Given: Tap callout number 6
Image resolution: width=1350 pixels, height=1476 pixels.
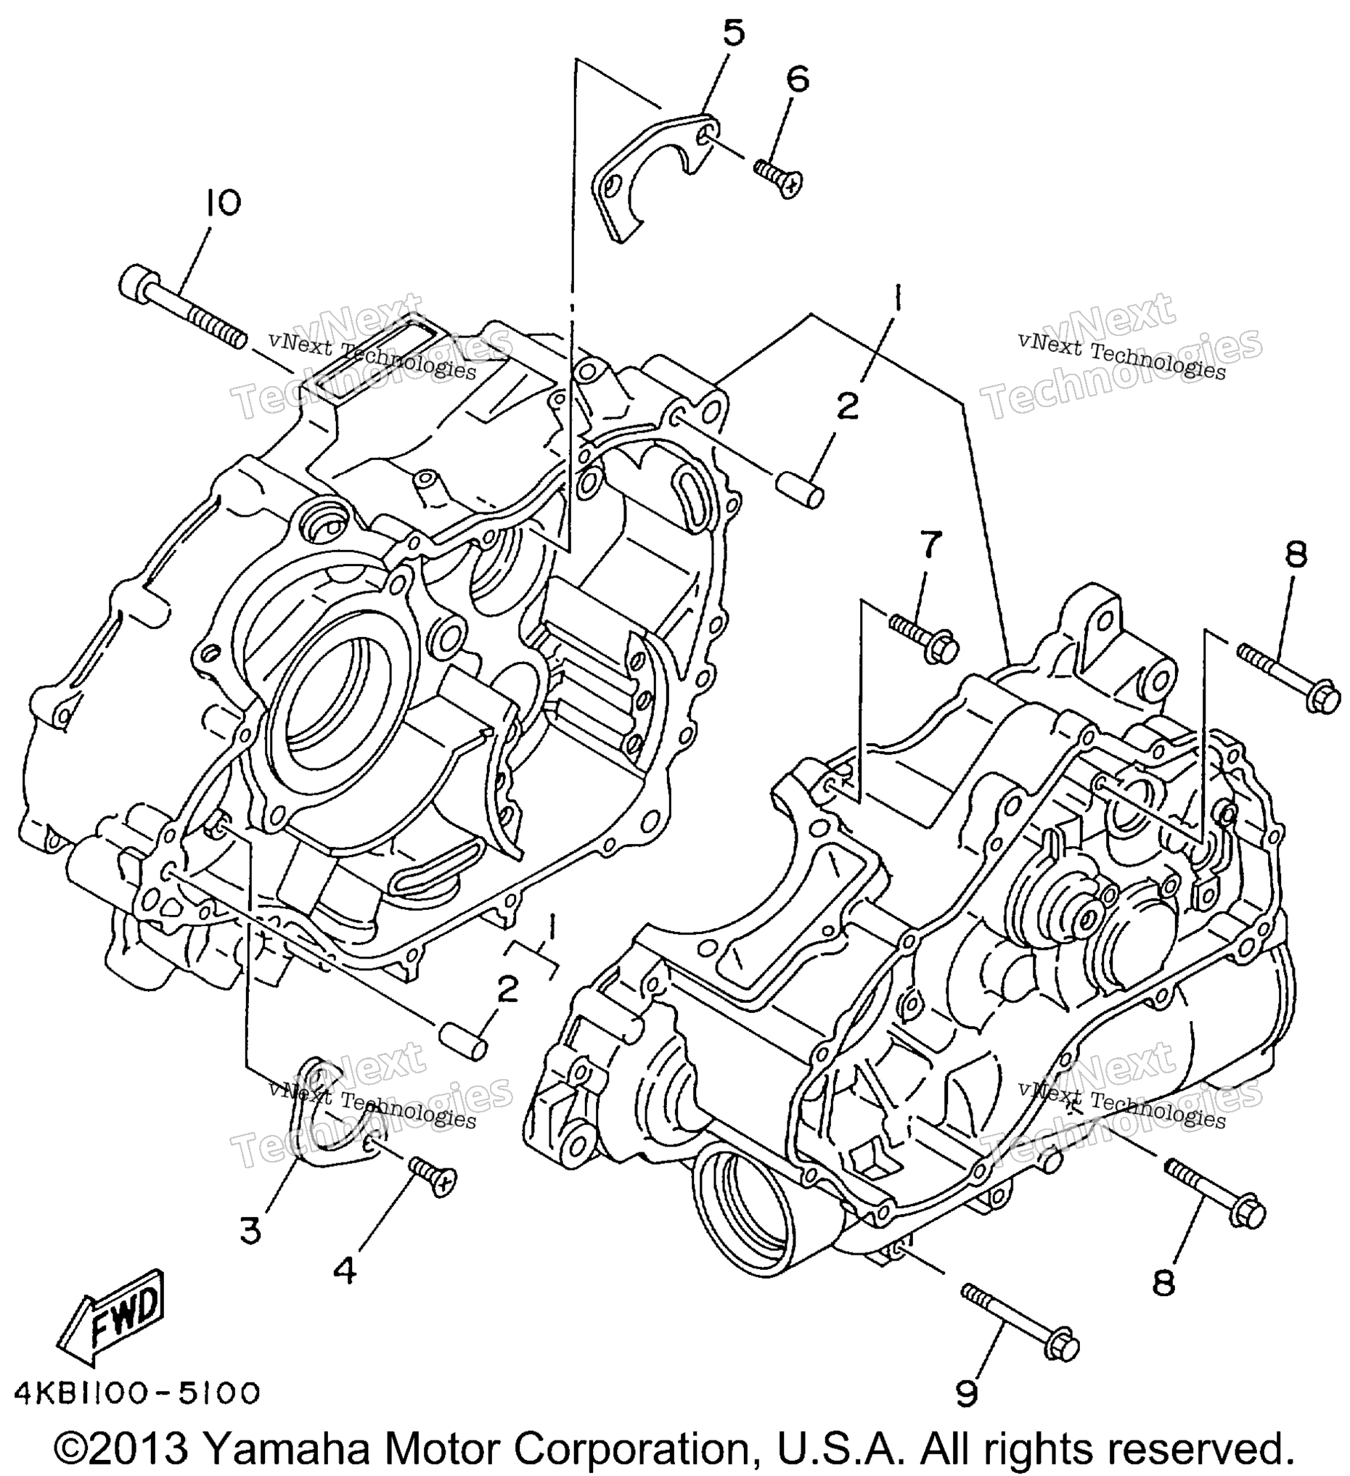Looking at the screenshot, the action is (x=797, y=80).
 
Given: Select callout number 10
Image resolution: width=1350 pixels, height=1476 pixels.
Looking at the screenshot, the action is (x=224, y=204).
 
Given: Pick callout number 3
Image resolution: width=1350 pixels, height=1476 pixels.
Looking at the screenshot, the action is (x=250, y=1231).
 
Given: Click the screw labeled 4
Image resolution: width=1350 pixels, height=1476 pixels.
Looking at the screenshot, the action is (x=433, y=1177).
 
